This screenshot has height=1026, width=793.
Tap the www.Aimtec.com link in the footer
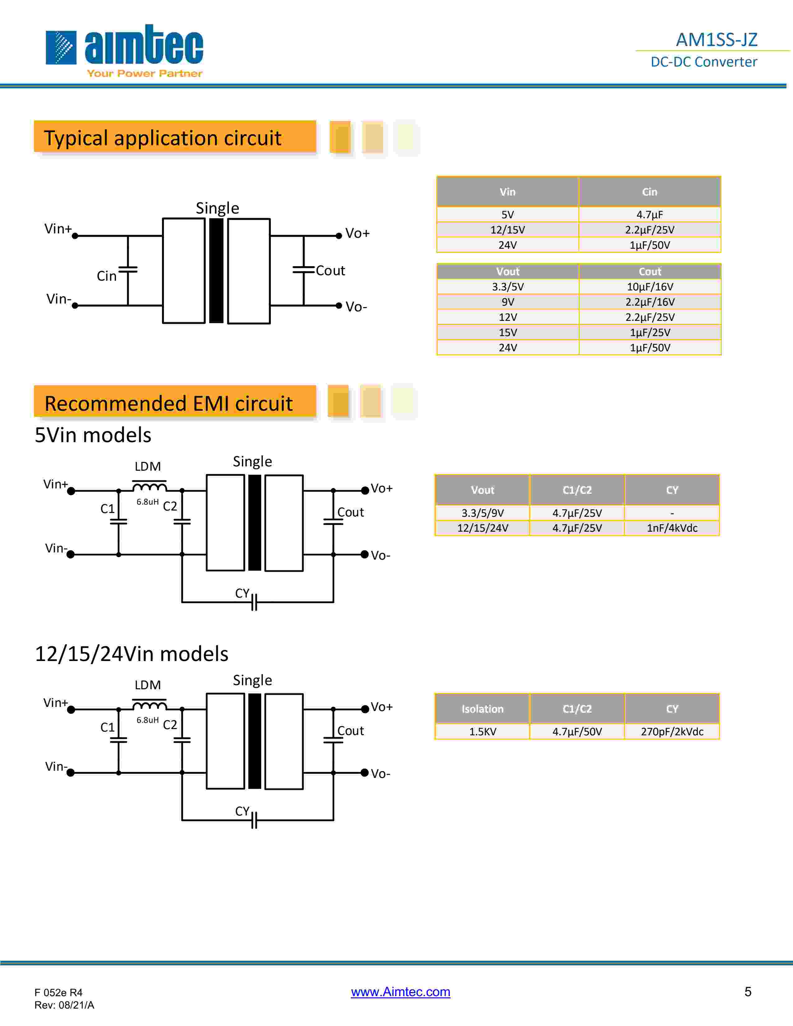(x=400, y=992)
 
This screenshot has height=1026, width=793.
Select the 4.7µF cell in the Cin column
(x=649, y=215)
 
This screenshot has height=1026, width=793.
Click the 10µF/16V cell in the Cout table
(x=650, y=287)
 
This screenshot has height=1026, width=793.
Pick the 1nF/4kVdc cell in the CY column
(x=672, y=528)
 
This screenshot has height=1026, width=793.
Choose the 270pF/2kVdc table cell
(x=672, y=732)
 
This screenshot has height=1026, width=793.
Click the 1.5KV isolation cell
(x=482, y=732)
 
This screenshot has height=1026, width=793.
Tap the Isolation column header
(x=482, y=709)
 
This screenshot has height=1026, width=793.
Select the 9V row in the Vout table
(x=508, y=302)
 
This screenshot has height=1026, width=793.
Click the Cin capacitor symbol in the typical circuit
(x=128, y=270)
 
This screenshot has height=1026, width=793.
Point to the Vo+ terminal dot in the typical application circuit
(x=339, y=236)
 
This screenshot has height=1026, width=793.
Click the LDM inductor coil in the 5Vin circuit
(x=149, y=485)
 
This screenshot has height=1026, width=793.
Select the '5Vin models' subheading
(x=93, y=435)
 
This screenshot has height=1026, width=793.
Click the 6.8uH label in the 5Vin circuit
(x=147, y=502)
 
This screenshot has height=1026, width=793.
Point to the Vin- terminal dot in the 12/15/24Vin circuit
(x=71, y=773)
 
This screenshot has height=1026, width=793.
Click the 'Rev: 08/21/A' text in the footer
(x=64, y=1005)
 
